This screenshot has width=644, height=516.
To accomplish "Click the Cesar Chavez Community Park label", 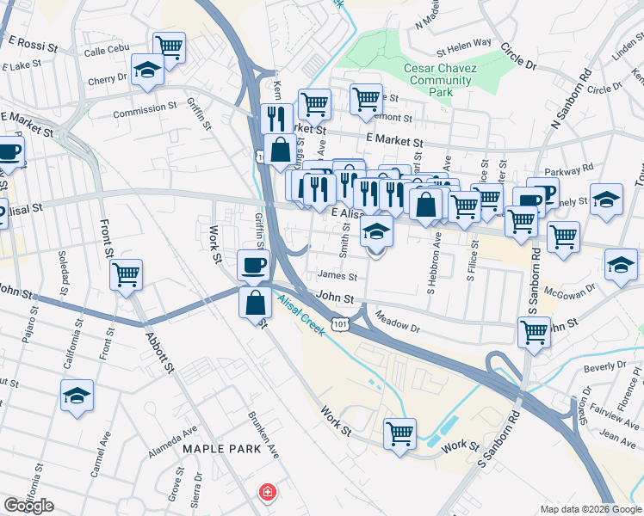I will coord(441,79).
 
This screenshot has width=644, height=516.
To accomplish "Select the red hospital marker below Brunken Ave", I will coord(268,492).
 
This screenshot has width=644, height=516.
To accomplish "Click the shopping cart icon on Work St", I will coord(400,433).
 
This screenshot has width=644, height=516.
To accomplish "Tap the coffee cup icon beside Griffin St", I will coord(253,264).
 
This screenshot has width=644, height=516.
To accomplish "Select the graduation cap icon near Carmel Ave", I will coord(77,396).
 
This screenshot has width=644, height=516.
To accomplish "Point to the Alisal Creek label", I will coord(301,316).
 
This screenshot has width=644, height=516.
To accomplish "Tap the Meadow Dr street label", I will coord(397,328).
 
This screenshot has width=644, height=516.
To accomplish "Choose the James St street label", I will coord(337,277).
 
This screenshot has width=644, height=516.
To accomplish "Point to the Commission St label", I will coord(145,109).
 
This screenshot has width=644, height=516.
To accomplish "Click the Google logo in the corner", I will coord(28,507).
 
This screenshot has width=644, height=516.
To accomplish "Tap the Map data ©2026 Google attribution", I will coord(590,509).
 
